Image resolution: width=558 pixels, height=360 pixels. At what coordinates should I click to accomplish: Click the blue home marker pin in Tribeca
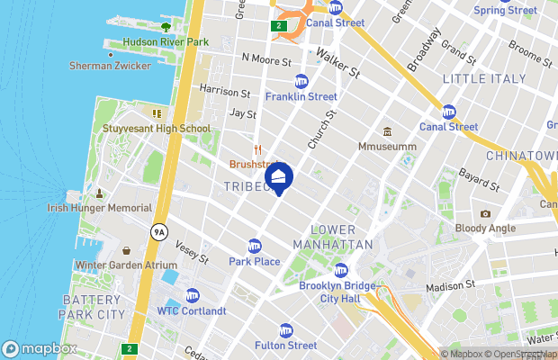(279, 177)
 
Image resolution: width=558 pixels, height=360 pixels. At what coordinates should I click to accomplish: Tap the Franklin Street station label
(301, 96)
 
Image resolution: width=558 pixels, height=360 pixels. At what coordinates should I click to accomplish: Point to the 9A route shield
(160, 231)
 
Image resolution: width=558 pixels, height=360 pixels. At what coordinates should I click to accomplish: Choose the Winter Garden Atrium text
(126, 265)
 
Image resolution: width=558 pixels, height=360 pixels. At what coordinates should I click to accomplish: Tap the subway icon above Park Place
(255, 246)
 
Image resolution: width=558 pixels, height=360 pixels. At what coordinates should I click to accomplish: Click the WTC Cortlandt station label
(192, 310)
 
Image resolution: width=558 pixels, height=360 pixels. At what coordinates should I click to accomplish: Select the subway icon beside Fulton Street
(286, 330)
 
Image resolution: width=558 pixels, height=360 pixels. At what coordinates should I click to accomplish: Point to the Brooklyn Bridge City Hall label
(340, 292)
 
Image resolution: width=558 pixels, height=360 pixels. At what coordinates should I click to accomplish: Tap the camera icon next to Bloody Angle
(486, 214)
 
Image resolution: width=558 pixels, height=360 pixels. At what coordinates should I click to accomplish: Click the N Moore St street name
(266, 60)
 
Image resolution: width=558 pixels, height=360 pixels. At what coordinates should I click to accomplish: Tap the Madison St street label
(450, 285)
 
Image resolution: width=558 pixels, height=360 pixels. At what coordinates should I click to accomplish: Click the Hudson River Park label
(166, 41)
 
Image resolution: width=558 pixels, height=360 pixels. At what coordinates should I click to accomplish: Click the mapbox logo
(39, 348)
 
